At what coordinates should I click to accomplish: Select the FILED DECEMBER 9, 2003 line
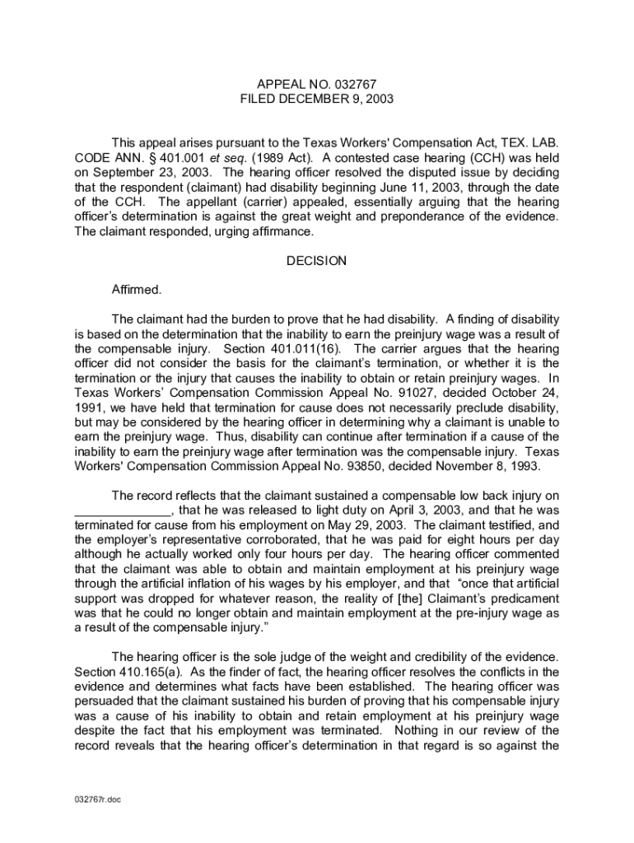pos(317,99)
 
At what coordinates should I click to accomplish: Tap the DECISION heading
pos(317,261)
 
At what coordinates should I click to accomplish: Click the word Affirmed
pos(137,290)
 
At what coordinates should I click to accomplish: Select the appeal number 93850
pos(394,466)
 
